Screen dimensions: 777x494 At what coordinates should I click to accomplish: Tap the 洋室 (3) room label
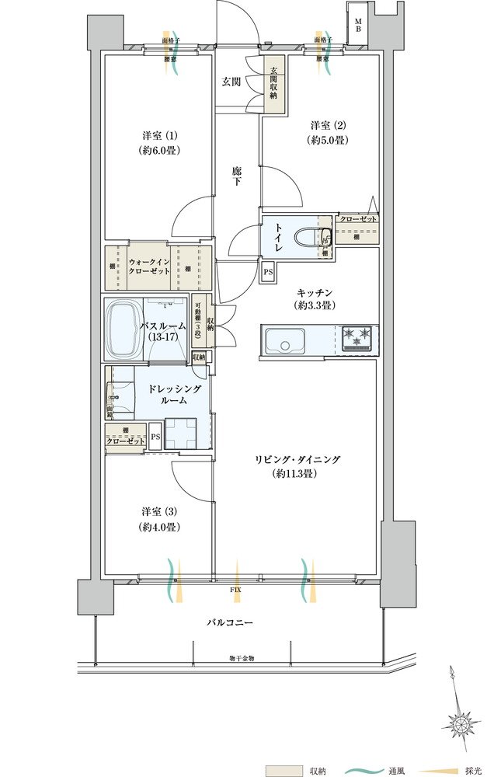[161, 519]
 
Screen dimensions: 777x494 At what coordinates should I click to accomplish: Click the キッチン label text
[315, 292]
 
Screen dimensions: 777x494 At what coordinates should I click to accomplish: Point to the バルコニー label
[230, 623]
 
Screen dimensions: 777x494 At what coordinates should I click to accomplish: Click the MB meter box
[358, 24]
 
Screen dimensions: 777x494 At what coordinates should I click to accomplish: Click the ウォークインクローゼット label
[149, 267]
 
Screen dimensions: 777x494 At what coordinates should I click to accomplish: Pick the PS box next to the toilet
[268, 272]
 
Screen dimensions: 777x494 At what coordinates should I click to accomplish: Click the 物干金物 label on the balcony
[242, 659]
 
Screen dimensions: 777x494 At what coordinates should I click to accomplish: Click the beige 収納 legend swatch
[284, 771]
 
